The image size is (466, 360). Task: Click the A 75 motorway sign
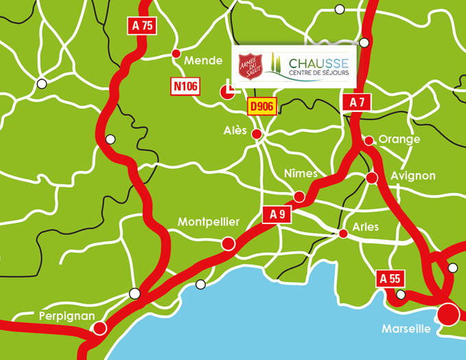click(x=141, y=26)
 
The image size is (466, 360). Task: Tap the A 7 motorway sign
click(x=357, y=102)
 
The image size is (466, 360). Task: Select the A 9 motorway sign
click(x=277, y=215)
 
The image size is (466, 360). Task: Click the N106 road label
click(x=185, y=86)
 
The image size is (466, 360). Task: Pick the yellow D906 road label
click(x=261, y=106)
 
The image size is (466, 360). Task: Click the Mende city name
click(x=204, y=61)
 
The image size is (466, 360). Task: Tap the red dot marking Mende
click(x=176, y=53)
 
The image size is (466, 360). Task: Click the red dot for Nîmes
click(x=299, y=196)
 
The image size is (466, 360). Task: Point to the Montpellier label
click(x=209, y=222)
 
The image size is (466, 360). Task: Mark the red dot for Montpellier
click(x=228, y=243)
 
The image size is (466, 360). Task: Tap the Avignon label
click(x=412, y=176)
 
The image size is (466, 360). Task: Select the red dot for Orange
click(x=369, y=141)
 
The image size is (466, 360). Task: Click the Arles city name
click(x=365, y=227)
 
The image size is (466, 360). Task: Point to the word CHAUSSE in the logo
click(x=318, y=61)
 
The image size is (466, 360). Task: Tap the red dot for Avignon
click(x=372, y=178)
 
